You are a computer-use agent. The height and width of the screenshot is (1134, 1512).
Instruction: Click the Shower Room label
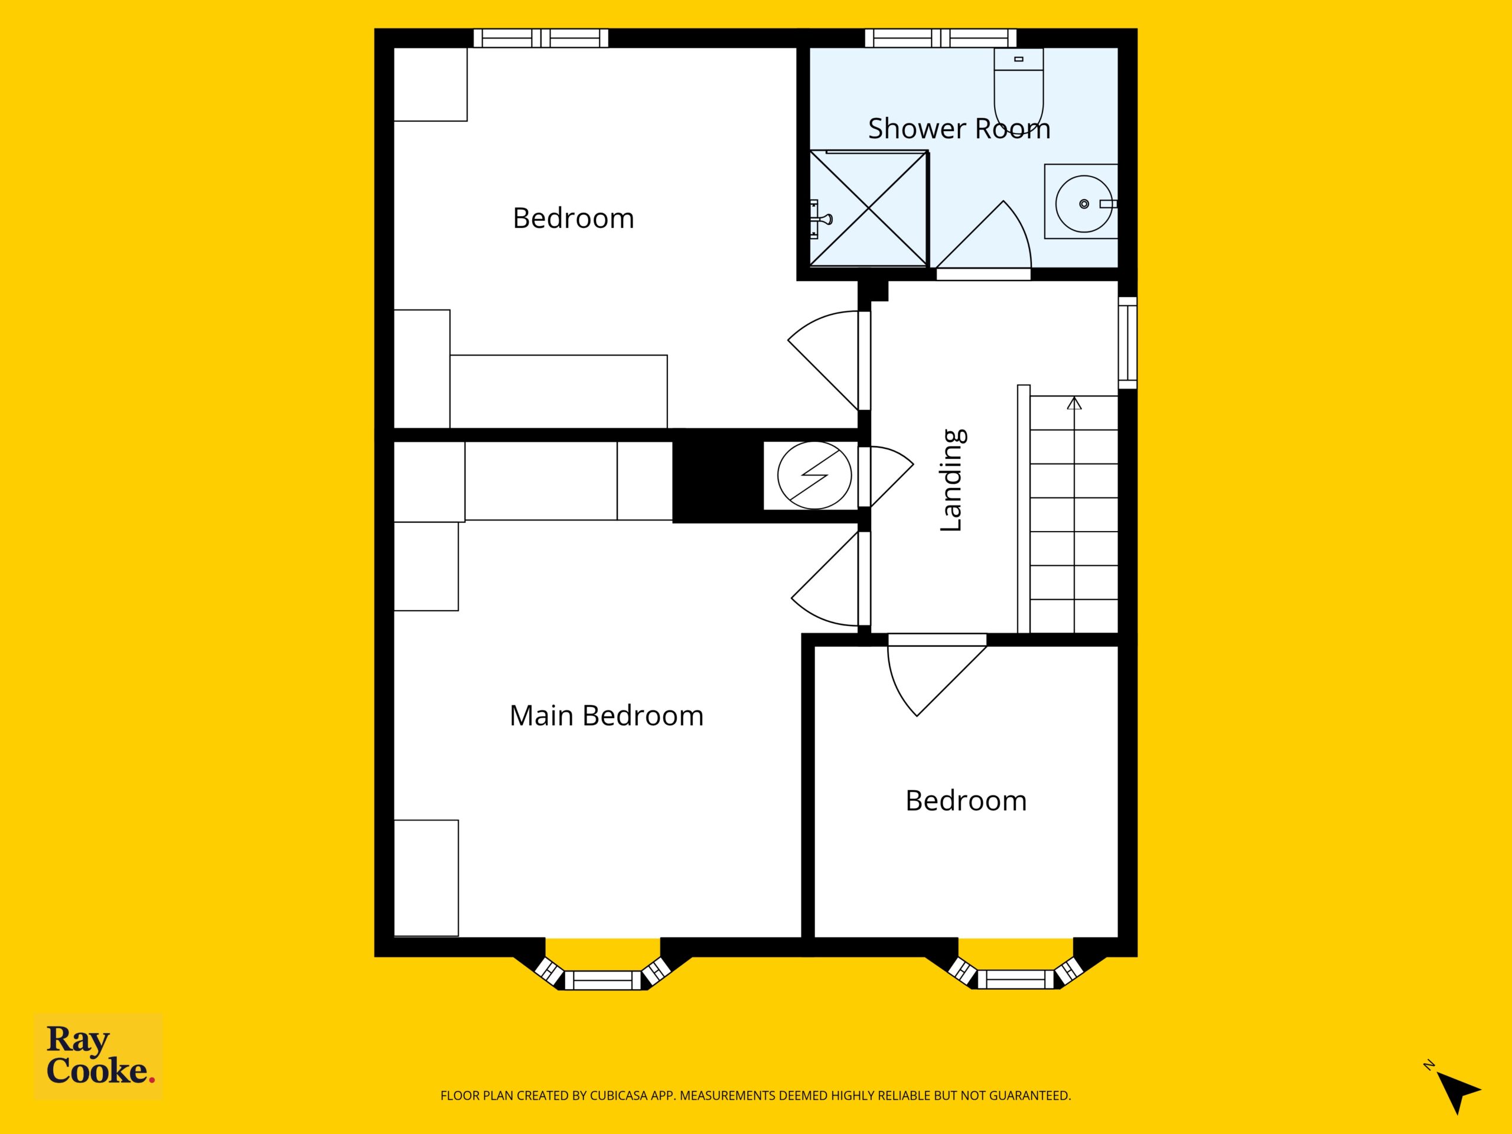tap(959, 129)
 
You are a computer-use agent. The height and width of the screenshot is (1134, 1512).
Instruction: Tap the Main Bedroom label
tap(607, 716)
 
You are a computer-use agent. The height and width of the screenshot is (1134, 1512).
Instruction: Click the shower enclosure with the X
tap(868, 208)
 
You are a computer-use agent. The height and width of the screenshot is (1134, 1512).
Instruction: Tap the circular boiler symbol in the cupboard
tap(814, 475)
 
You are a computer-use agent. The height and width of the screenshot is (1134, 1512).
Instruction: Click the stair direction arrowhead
tap(1074, 403)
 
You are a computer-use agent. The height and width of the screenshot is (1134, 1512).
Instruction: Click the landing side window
tap(1128, 343)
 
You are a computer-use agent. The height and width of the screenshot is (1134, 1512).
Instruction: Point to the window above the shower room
tap(940, 38)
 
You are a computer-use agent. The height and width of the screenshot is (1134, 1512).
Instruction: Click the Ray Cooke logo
tap(99, 1055)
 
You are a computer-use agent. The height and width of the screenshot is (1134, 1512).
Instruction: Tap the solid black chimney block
tap(718, 475)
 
